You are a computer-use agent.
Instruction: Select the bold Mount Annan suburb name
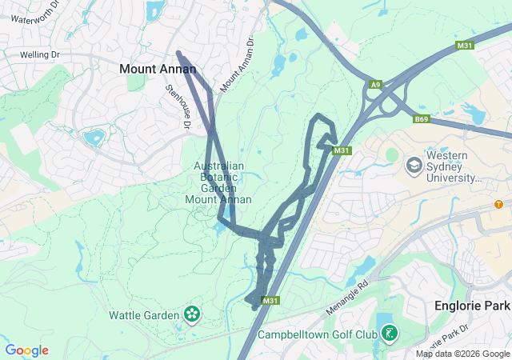click(x=158, y=70)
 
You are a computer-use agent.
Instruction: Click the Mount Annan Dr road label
click(x=237, y=64)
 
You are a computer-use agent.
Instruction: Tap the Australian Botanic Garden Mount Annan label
click(x=218, y=182)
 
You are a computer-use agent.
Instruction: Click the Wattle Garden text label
click(x=144, y=315)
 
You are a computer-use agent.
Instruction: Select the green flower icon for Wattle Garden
click(x=192, y=314)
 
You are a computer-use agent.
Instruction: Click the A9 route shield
click(x=375, y=84)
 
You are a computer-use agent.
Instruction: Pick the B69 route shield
click(x=422, y=119)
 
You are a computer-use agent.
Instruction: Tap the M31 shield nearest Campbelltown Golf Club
click(x=271, y=301)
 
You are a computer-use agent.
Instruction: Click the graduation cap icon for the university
click(x=414, y=166)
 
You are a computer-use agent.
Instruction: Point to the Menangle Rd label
click(x=346, y=297)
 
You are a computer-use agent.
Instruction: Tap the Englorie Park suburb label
click(x=471, y=306)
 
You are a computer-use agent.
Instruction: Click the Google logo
click(x=27, y=350)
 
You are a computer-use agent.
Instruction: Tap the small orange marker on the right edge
click(x=498, y=204)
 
